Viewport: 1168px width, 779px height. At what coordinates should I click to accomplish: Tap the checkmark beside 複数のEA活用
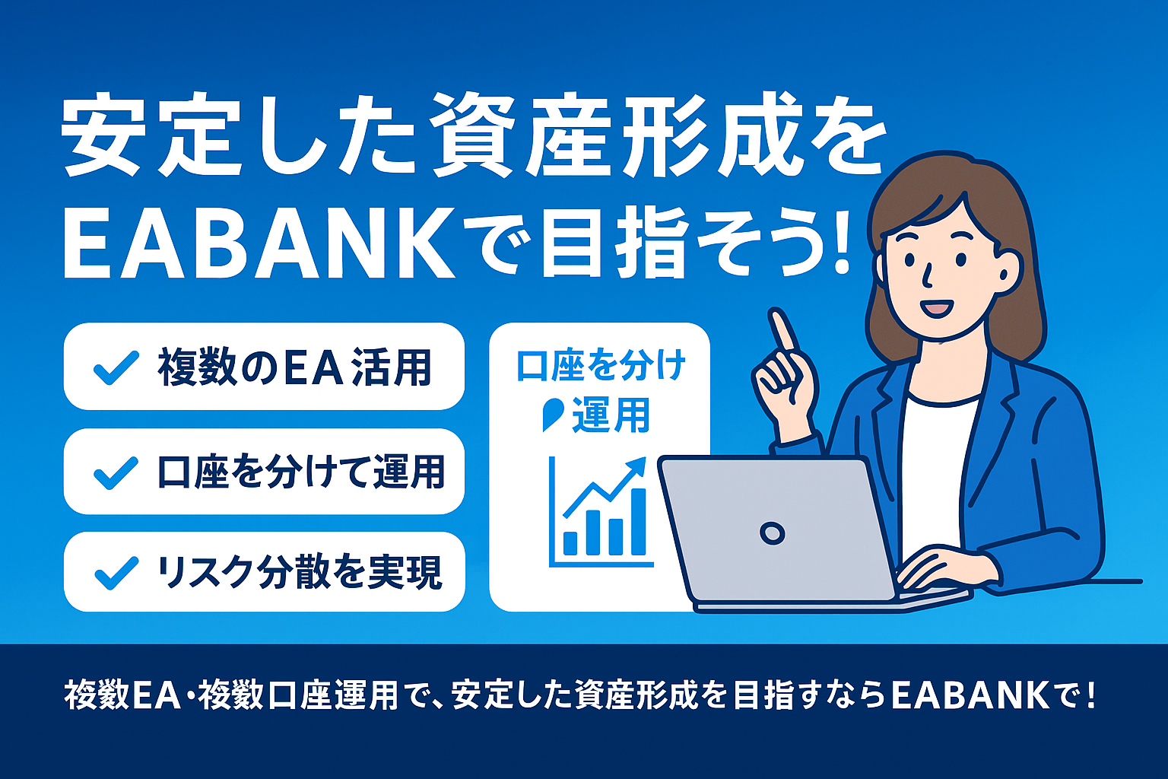pos(116,367)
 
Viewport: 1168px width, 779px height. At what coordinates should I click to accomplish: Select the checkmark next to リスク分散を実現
pos(116,572)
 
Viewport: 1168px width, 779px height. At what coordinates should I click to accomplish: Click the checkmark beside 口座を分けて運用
pos(116,472)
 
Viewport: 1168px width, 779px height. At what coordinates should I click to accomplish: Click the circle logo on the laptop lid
pos(772,533)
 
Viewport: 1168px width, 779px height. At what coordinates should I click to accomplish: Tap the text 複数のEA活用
pos(295,367)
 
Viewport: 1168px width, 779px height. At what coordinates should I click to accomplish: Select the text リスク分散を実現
pos(299,572)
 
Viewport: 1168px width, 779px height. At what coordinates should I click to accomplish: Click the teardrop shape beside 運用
pos(552,414)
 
